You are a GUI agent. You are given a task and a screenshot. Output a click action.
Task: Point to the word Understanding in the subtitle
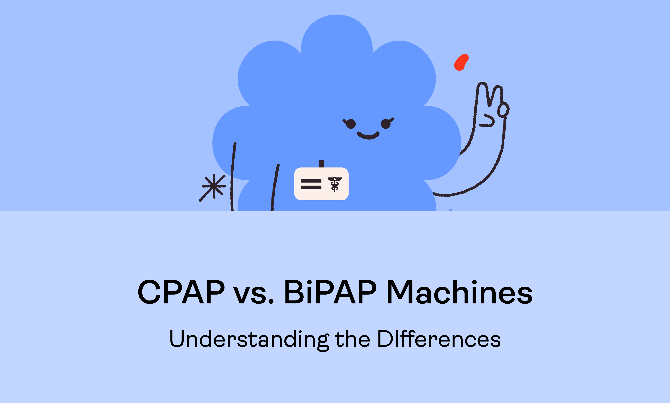point(249,339)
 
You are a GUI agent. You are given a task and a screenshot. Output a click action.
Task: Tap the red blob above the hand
point(461,62)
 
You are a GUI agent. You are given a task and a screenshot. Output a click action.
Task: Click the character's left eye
point(351,124)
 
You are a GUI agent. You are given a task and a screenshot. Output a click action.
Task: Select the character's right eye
point(386,124)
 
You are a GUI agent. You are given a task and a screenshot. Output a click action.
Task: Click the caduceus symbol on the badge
point(335,184)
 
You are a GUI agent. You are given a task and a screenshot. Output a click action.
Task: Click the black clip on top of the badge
point(321,164)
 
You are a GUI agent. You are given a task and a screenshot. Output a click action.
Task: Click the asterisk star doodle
point(214,186)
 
